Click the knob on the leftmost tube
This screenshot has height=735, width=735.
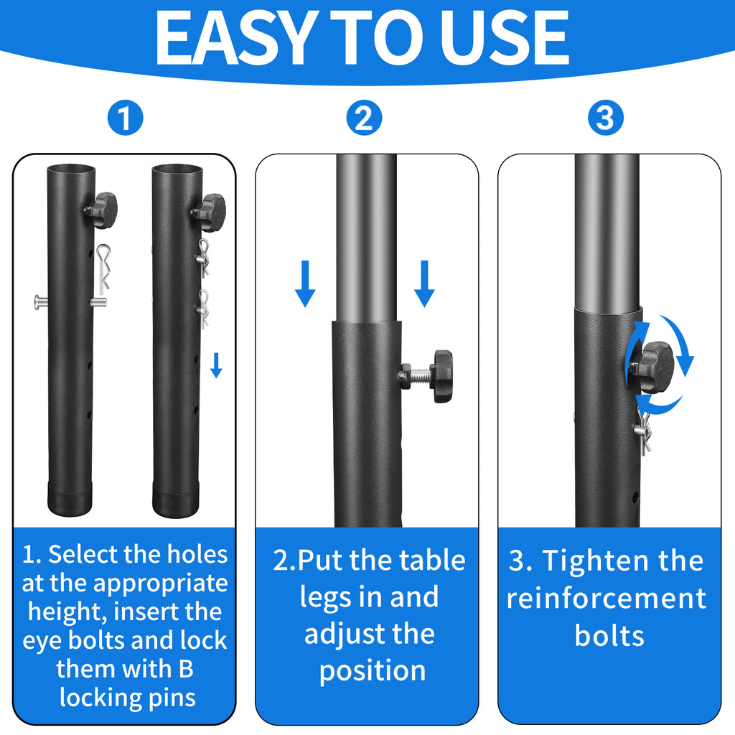(x=102, y=210)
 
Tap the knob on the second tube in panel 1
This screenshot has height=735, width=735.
(x=210, y=212)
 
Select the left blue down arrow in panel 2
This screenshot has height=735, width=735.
(x=305, y=284)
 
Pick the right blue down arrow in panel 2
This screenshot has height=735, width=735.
(x=424, y=284)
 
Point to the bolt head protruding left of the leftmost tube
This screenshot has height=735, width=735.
(x=40, y=303)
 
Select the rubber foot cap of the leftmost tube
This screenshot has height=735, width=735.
(x=71, y=497)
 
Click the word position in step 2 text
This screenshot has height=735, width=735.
(x=372, y=670)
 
